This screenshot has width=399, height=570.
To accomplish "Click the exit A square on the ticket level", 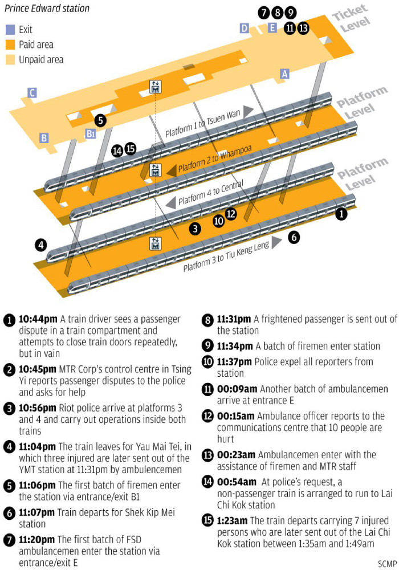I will click(x=285, y=73).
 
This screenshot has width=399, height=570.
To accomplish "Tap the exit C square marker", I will click(x=32, y=93).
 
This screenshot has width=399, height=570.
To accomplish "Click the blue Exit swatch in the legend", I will click(x=10, y=30).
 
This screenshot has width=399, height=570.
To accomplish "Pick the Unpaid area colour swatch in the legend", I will click(x=10, y=59).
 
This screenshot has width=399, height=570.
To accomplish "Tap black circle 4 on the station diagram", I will click(x=40, y=245).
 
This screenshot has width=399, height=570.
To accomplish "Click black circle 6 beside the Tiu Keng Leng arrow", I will click(x=294, y=237).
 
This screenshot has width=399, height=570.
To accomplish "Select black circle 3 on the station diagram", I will click(x=196, y=229).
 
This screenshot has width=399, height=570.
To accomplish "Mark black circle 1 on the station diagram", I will click(x=341, y=214).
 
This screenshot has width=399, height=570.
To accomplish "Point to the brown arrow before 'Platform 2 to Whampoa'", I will click(x=170, y=170).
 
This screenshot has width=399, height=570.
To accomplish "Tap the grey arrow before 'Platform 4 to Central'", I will click(x=169, y=203).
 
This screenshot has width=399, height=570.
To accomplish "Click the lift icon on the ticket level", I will click(x=154, y=87).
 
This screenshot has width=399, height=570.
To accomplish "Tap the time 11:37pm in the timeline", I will click(x=236, y=361).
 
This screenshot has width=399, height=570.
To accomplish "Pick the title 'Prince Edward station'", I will click(x=47, y=9).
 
